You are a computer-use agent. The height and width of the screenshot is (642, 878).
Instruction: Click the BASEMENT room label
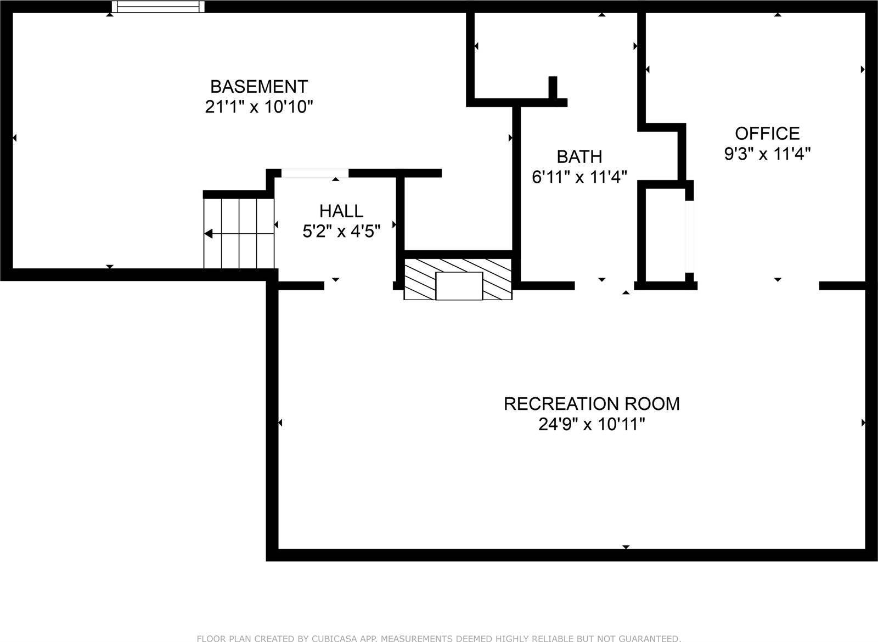click(259, 87)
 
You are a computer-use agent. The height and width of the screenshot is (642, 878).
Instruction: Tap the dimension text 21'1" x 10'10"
click(259, 107)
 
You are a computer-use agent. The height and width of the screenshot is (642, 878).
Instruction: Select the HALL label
click(341, 211)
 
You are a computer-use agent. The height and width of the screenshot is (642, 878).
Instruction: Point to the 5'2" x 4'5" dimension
click(341, 232)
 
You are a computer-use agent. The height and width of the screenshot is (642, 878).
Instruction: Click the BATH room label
click(579, 157)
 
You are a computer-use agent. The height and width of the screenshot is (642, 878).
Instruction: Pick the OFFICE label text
click(767, 133)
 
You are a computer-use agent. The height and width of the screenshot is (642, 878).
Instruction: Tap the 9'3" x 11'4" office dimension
click(767, 154)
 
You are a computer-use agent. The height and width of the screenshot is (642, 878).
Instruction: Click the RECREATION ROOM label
click(592, 404)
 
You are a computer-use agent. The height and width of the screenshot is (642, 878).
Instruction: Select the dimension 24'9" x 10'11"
click(592, 425)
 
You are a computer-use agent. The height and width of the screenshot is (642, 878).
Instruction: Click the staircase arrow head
click(209, 234)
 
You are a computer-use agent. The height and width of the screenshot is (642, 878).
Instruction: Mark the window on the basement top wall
click(158, 7)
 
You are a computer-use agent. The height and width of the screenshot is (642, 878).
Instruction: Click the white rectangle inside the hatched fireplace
click(459, 286)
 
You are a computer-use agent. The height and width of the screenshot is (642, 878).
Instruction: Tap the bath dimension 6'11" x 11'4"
click(579, 177)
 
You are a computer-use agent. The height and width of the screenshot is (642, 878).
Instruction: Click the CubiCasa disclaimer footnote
click(439, 638)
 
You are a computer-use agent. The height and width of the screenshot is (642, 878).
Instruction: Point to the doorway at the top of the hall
click(315, 173)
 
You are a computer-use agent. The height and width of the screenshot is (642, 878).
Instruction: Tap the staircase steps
click(239, 233)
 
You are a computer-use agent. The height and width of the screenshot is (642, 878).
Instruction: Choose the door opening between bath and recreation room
click(604, 285)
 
